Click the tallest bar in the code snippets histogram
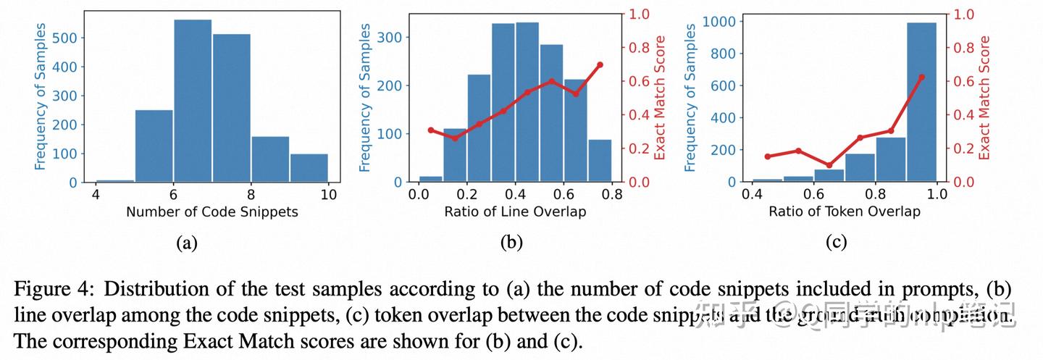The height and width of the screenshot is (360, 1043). [193, 101]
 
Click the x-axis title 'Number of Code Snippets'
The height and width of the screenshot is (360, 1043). [211, 212]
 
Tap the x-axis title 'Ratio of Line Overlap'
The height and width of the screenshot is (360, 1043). [515, 212]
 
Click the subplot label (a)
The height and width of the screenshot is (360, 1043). [187, 243]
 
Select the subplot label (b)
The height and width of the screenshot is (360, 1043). [511, 243]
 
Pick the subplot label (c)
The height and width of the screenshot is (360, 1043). [837, 243]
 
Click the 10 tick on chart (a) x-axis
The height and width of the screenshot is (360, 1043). [328, 194]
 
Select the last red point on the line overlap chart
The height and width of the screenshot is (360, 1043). [600, 64]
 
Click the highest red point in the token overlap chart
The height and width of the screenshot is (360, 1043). [921, 78]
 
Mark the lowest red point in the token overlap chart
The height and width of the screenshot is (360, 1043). [829, 165]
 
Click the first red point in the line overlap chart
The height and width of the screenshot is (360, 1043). [431, 130]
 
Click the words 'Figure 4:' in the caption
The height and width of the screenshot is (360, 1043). [54, 290]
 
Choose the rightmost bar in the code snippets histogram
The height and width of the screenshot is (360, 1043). [309, 168]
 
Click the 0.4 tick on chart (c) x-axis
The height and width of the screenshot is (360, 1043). [752, 194]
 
